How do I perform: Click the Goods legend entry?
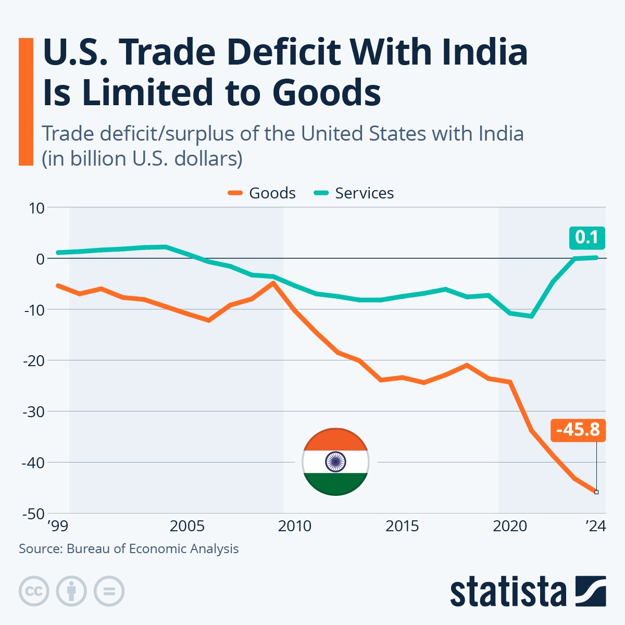click(262, 193)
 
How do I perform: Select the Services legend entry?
click(354, 193)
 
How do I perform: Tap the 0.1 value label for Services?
click(586, 238)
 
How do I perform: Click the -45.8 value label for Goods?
click(578, 430)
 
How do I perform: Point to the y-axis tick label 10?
click(37, 208)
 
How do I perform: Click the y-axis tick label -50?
click(34, 514)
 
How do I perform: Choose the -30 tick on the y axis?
click(34, 411)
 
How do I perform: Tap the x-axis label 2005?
click(187, 526)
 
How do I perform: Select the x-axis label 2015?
click(402, 526)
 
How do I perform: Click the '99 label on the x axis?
click(57, 526)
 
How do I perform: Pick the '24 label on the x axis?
click(596, 526)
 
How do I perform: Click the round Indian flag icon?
click(335, 462)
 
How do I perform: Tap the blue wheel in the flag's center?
click(335, 462)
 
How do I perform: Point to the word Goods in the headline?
click(327, 93)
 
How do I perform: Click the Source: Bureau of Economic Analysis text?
click(129, 549)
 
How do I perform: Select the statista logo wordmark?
click(508, 592)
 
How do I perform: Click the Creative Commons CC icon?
click(34, 591)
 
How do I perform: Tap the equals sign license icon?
click(109, 591)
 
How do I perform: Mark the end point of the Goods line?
click(596, 492)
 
